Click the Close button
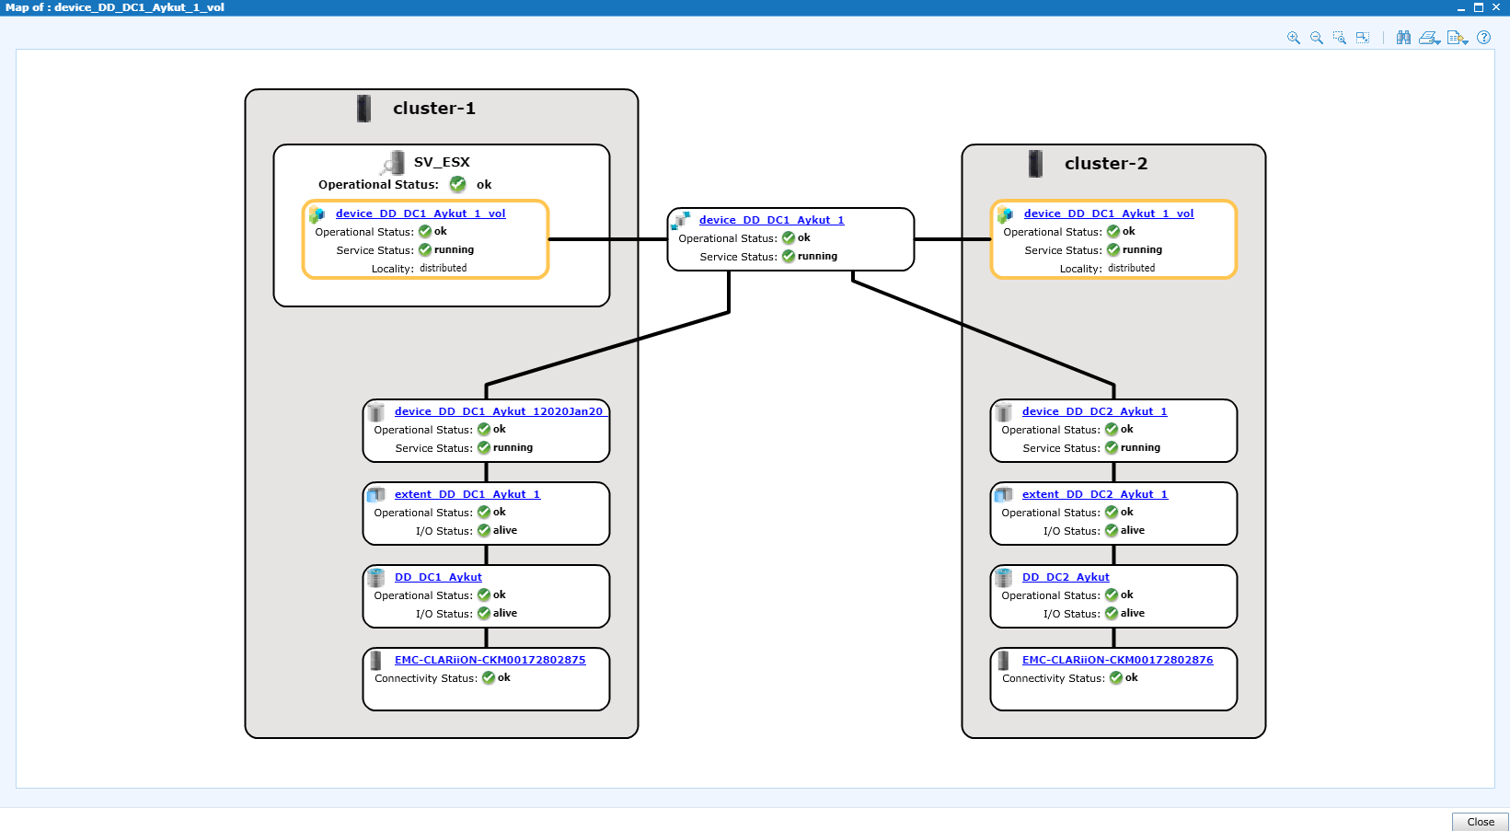tap(1481, 822)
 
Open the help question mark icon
tap(1483, 38)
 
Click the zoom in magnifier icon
tap(1293, 38)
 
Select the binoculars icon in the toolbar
tap(1403, 38)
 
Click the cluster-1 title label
tap(434, 108)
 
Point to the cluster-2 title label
tap(1105, 163)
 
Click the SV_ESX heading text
tap(442, 162)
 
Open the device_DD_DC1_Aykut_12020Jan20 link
tap(498, 411)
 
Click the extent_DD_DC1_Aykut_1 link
tap(467, 494)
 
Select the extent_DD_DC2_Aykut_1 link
tap(1095, 494)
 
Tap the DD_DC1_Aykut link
tap(438, 577)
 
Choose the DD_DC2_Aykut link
tap(1066, 577)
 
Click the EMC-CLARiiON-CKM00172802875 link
tap(490, 660)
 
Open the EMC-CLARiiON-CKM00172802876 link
tap(1118, 660)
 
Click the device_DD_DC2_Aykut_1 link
tap(1095, 411)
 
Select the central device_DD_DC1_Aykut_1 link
tap(771, 220)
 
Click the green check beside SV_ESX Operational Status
tap(457, 184)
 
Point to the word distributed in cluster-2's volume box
tap(1131, 268)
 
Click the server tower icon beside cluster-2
tap(1035, 164)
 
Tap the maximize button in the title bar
tap(1479, 7)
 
